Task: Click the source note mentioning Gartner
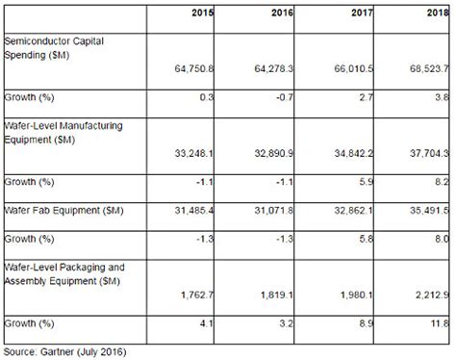click(x=66, y=350)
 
